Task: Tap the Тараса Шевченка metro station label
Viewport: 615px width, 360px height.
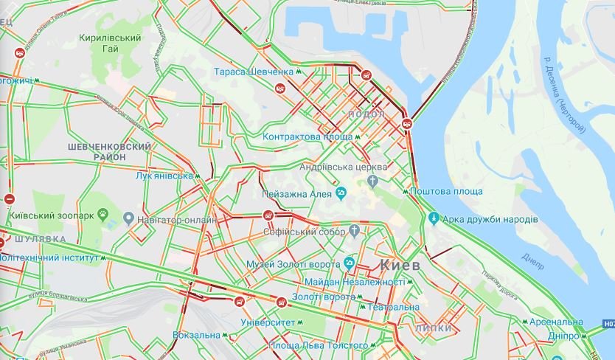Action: (254, 72)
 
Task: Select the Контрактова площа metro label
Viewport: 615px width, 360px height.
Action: (306, 136)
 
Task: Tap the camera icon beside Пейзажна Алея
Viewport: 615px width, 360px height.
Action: (341, 194)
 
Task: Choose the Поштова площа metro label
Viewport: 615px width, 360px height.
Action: (447, 192)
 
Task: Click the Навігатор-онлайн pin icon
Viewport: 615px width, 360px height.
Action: (128, 219)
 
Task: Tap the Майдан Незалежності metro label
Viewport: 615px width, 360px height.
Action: (354, 282)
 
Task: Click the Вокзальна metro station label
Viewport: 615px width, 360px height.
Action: (195, 335)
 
